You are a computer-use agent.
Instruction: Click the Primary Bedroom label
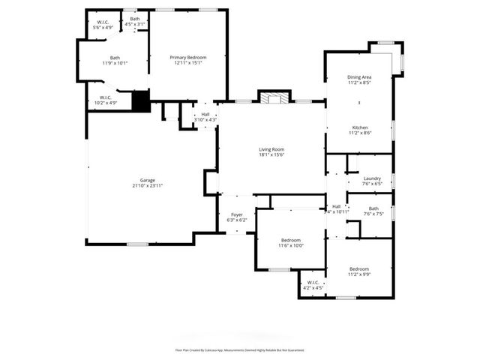(187, 60)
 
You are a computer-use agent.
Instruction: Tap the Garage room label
(147, 182)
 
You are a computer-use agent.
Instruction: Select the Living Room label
(271, 152)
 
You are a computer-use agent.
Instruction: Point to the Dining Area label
(359, 79)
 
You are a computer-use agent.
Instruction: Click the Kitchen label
(359, 130)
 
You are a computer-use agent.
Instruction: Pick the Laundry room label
(372, 180)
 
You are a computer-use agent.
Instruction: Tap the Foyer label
(236, 217)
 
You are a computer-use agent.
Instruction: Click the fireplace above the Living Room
(273, 97)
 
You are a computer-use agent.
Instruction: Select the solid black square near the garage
(141, 101)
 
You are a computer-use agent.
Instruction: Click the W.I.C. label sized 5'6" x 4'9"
(102, 25)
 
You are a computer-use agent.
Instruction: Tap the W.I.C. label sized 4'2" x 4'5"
(313, 285)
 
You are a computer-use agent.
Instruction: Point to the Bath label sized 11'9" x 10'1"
(115, 60)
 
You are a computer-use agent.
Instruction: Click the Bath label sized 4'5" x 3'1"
(135, 22)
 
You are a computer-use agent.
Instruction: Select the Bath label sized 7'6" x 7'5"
(373, 211)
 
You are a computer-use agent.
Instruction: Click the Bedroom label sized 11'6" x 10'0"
(291, 242)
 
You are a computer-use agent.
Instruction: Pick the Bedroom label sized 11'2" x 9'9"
(359, 271)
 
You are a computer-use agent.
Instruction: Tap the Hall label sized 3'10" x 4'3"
(205, 117)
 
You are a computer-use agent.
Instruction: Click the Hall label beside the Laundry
(336, 208)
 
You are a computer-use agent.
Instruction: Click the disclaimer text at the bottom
(239, 349)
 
